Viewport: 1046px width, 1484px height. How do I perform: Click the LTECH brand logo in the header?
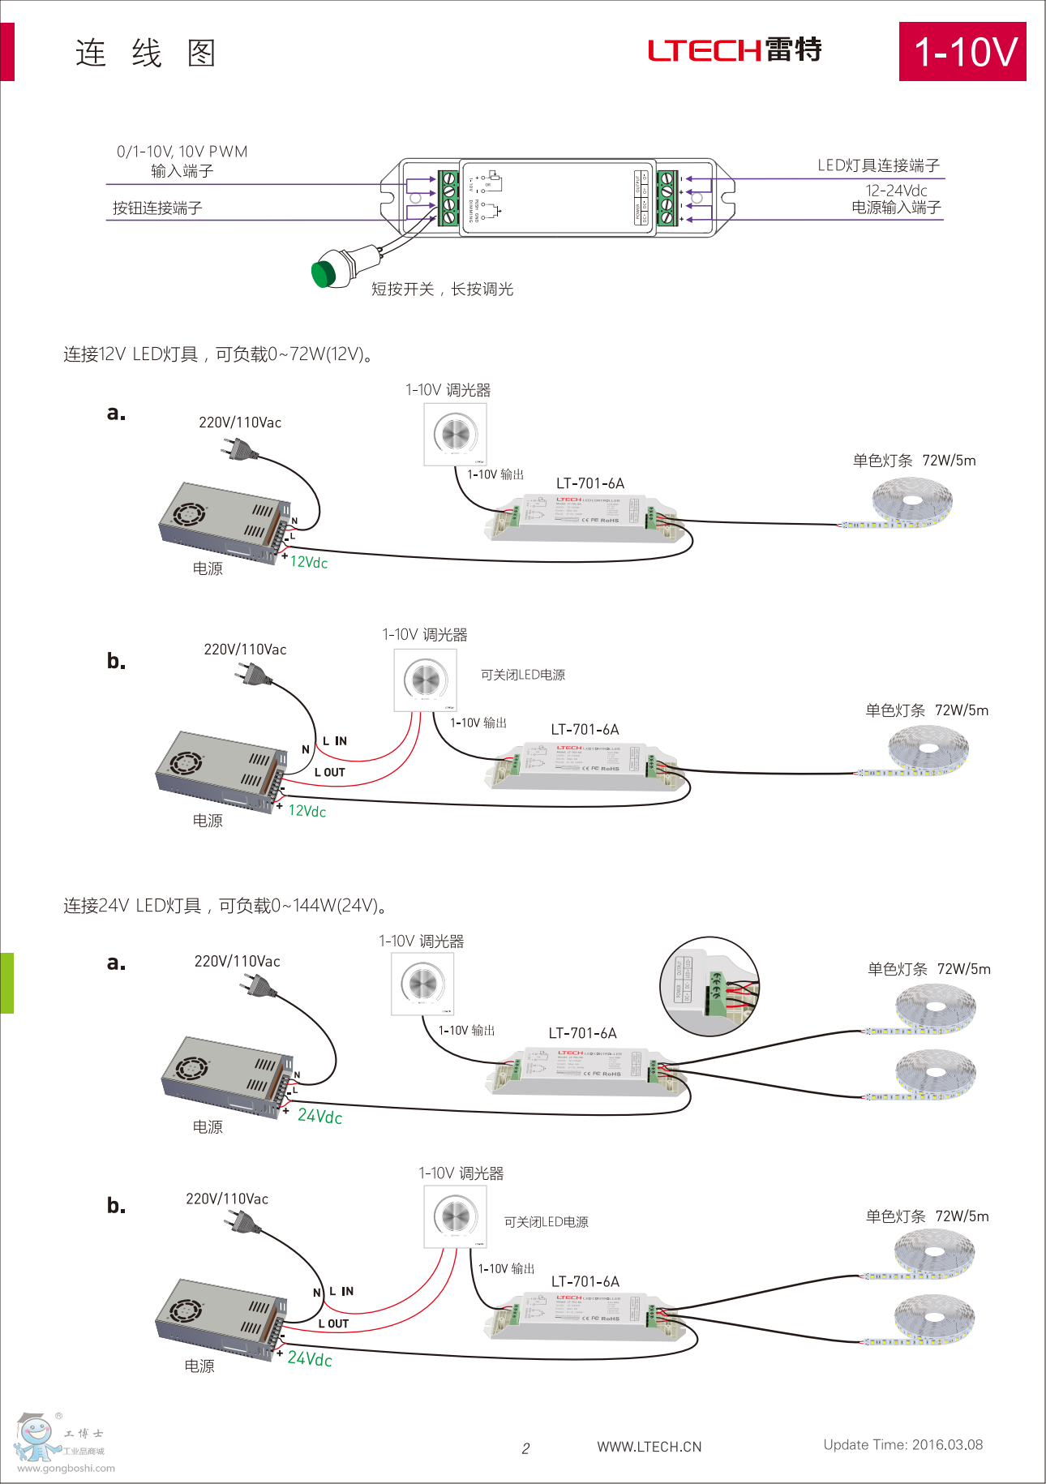click(735, 50)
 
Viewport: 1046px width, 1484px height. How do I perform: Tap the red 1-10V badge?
click(962, 52)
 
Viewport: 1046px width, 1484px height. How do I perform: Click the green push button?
click(324, 273)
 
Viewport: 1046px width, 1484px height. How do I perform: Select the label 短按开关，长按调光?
click(442, 290)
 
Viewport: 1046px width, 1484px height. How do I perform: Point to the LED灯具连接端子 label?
click(878, 165)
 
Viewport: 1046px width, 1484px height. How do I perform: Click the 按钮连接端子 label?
click(157, 208)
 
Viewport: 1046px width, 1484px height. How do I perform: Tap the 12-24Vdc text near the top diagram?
click(896, 191)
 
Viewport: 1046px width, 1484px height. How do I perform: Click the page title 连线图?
click(145, 54)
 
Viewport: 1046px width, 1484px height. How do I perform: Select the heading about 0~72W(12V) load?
click(218, 354)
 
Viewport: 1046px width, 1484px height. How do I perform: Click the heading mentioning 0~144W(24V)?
click(225, 906)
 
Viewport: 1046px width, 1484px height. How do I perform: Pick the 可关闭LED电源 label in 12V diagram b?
click(523, 675)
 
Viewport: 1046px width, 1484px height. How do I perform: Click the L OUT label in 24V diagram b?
click(333, 1323)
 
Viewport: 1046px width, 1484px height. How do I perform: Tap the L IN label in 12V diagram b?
click(335, 741)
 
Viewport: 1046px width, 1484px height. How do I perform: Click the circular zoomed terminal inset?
click(709, 986)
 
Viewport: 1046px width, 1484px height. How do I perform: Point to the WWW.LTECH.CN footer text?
click(649, 1447)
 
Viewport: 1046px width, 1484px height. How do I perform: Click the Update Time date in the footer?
click(902, 1444)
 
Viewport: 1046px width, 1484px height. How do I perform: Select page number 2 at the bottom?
click(525, 1448)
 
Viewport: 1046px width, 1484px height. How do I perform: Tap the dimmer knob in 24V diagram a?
click(422, 983)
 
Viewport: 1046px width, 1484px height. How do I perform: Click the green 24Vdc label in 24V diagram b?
click(310, 1358)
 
